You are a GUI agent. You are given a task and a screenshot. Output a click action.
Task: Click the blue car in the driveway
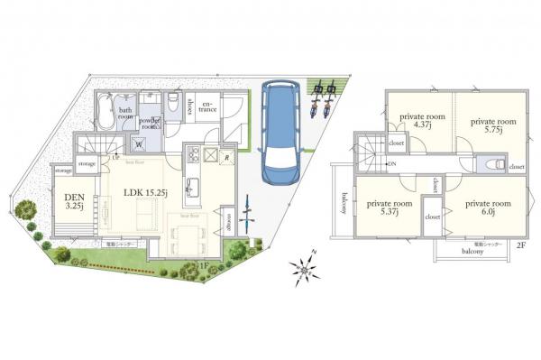tap(280, 132)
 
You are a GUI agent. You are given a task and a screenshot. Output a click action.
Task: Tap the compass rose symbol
tap(307, 267)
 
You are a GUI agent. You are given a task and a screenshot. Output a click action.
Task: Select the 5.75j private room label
tap(491, 125)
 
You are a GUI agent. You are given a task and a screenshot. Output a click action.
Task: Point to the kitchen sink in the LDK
tap(193, 188)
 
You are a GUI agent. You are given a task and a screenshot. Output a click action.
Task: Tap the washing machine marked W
tap(141, 143)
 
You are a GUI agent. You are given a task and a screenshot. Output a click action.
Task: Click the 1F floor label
tap(204, 264)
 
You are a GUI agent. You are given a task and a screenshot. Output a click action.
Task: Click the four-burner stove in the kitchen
tap(209, 156)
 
